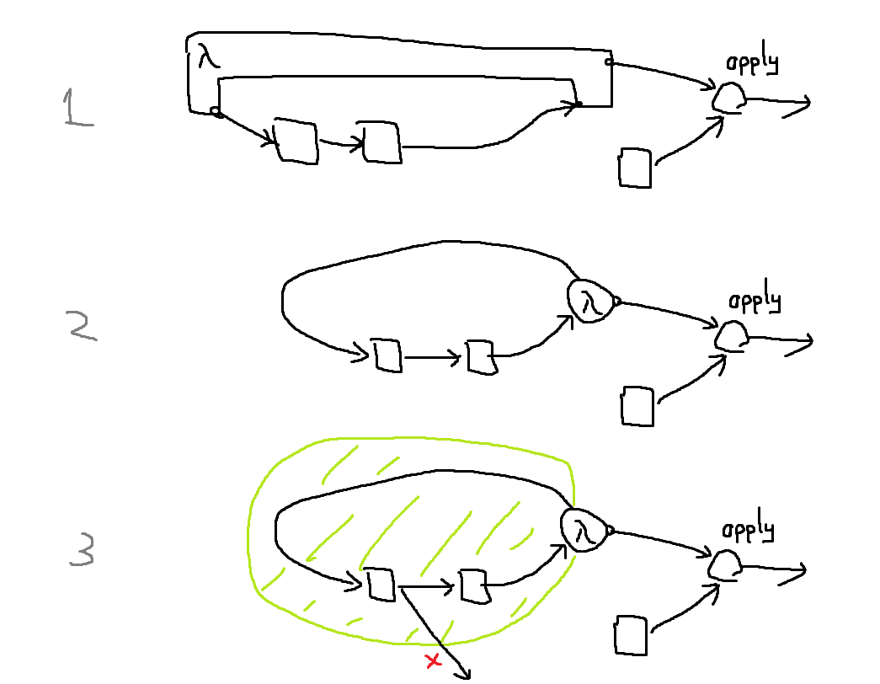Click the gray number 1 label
pyautogui.click(x=78, y=110)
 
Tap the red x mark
pyautogui.click(x=434, y=661)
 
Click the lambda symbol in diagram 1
pyautogui.click(x=207, y=59)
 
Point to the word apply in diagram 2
pyautogui.click(x=755, y=302)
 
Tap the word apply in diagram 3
pyautogui.click(x=749, y=532)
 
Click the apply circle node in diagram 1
pyautogui.click(x=728, y=98)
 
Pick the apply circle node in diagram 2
pyautogui.click(x=730, y=337)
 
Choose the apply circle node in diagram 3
pyautogui.click(x=723, y=566)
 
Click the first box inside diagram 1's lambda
pyautogui.click(x=296, y=141)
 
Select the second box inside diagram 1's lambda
pyautogui.click(x=382, y=141)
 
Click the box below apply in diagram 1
pyautogui.click(x=635, y=168)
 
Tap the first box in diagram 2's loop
pyautogui.click(x=388, y=355)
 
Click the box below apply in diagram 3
pyautogui.click(x=632, y=635)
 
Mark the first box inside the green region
pyautogui.click(x=381, y=585)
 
